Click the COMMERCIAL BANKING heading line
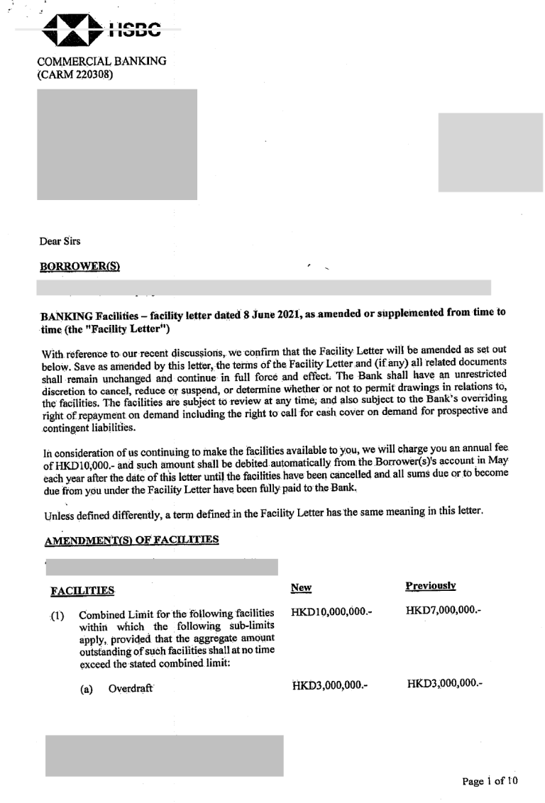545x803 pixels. click(101, 61)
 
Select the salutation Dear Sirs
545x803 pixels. click(60, 241)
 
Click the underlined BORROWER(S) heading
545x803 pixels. click(79, 267)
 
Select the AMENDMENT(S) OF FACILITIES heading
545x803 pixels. click(131, 540)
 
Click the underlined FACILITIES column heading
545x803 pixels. click(82, 591)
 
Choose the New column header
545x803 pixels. click(301, 587)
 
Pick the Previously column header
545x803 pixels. click(430, 586)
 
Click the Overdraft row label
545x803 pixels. click(131, 689)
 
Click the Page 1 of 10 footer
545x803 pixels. click(490, 781)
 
